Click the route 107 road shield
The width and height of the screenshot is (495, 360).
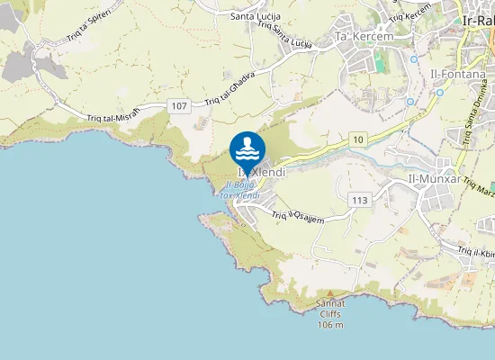[178, 106]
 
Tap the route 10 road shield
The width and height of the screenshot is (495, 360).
[358, 138]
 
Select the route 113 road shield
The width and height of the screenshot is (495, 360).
[360, 200]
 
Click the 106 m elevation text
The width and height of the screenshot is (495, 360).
[331, 324]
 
